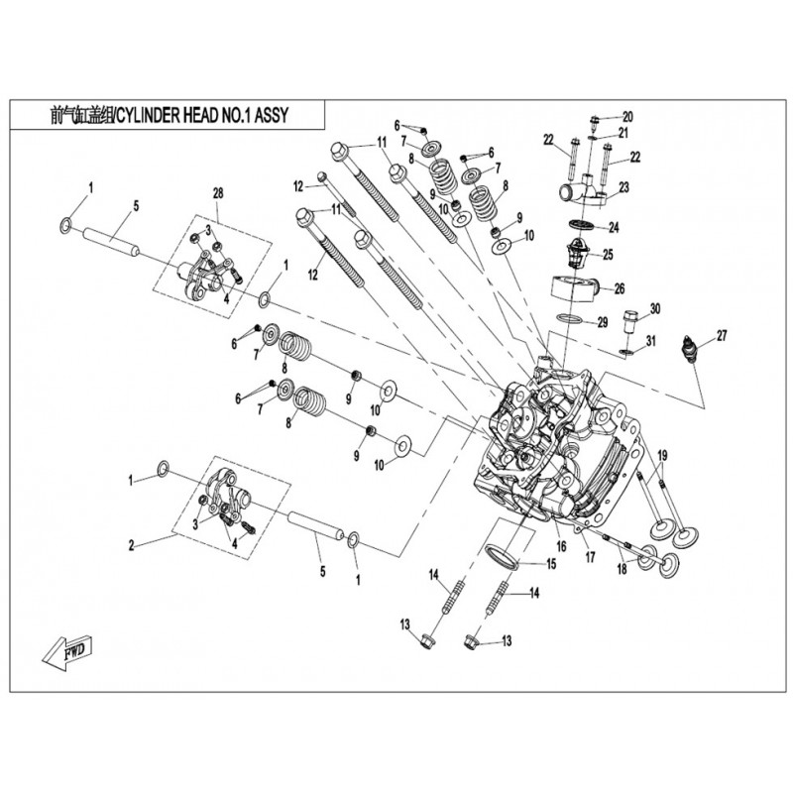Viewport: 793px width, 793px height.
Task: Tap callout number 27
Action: [x=721, y=336]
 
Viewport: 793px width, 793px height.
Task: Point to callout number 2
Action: [x=130, y=543]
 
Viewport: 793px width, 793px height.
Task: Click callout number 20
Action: [x=626, y=116]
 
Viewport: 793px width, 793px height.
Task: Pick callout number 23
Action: [x=624, y=186]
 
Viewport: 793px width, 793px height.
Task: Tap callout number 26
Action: [x=620, y=288]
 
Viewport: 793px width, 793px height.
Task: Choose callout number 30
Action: [x=654, y=308]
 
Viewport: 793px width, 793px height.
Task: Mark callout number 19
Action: [x=662, y=455]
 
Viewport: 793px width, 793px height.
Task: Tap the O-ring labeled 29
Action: [x=569, y=319]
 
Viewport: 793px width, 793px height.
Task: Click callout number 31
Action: [x=651, y=342]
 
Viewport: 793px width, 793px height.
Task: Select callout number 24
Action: [x=616, y=226]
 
